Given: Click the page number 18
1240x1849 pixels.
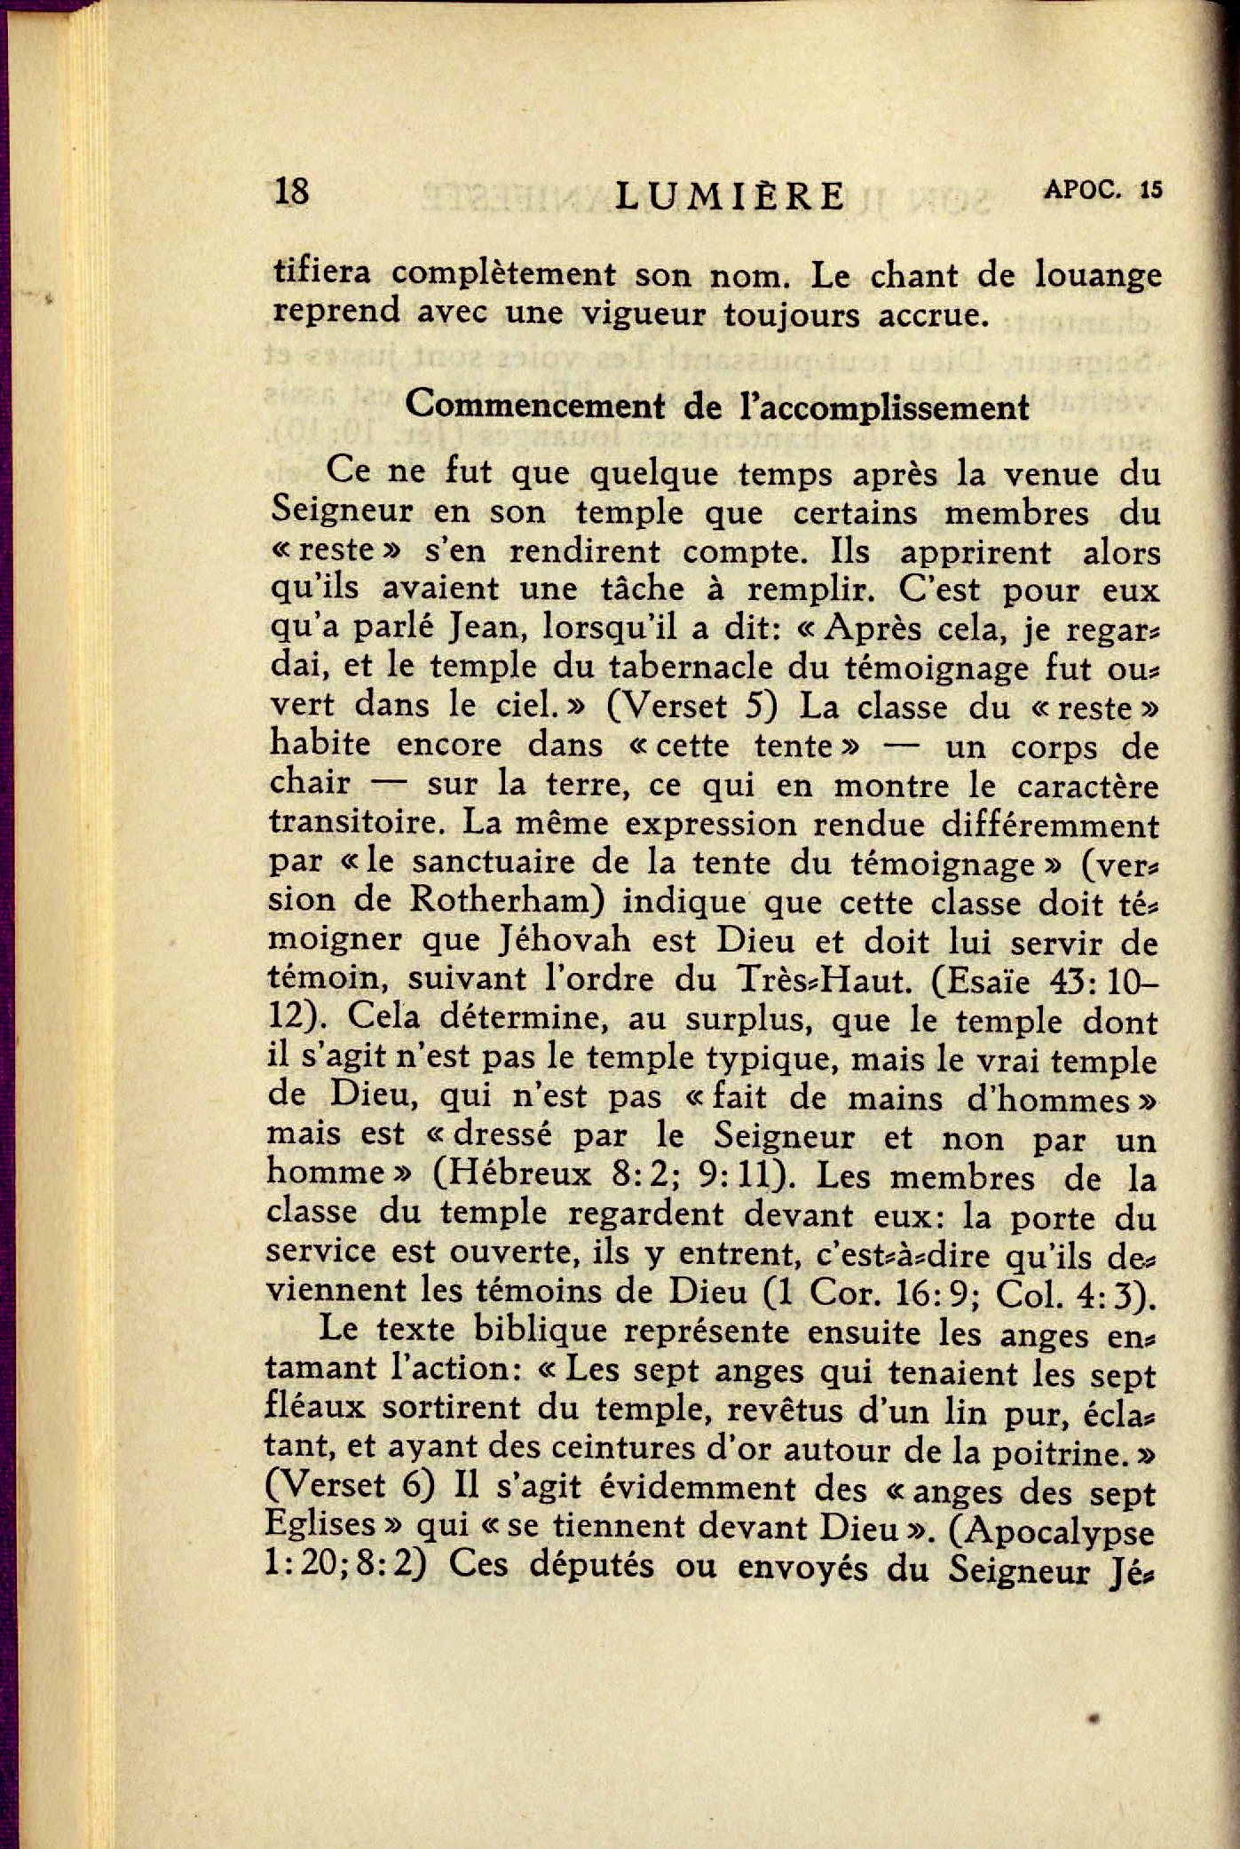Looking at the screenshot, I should [292, 191].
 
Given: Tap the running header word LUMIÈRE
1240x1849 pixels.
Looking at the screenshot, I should [730, 194].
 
